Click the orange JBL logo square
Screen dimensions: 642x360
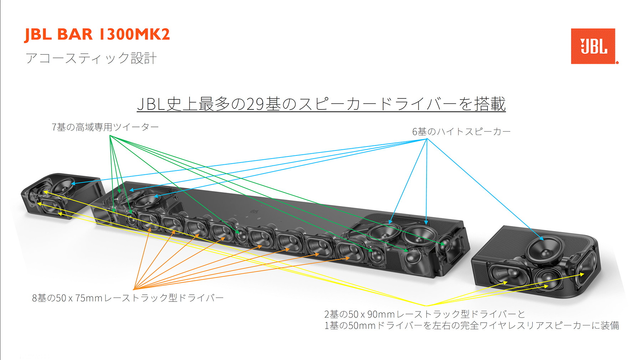click(x=593, y=46)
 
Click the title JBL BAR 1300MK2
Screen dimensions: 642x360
click(x=97, y=35)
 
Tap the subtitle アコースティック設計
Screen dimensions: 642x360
click(x=91, y=58)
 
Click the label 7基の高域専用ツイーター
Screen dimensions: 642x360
click(x=105, y=127)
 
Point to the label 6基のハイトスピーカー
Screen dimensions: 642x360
click(x=462, y=132)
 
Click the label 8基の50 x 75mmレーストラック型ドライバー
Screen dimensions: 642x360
click(x=128, y=298)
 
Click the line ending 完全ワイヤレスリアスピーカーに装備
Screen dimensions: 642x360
click(x=472, y=325)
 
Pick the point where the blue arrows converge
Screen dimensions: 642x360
click(x=427, y=139)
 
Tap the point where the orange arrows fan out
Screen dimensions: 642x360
click(x=134, y=289)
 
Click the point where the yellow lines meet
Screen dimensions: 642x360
click(x=427, y=306)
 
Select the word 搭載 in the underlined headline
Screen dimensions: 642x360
click(x=490, y=104)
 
